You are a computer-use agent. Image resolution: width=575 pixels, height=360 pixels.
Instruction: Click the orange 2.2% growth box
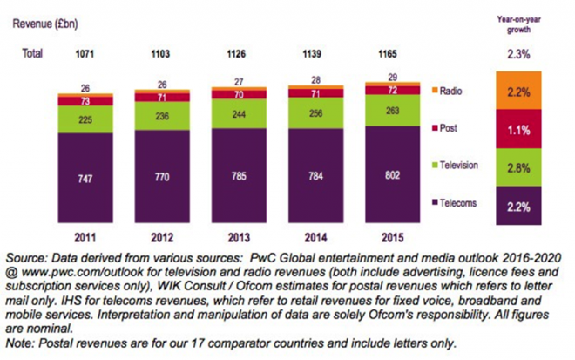[519, 91]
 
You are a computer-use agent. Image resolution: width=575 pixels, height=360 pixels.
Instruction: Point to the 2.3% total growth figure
[519, 54]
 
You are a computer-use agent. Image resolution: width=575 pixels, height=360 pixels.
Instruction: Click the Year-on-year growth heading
[519, 22]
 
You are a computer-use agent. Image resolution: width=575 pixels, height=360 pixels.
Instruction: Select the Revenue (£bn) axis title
[44, 23]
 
